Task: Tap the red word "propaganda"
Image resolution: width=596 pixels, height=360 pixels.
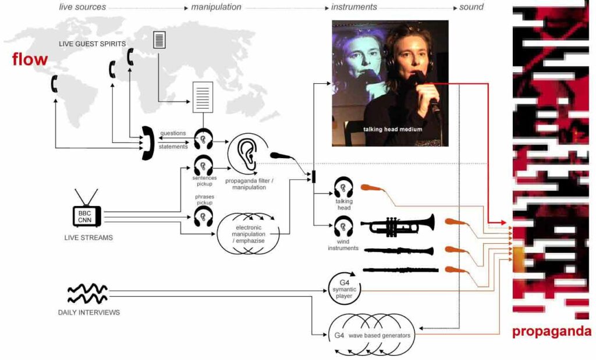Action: (551, 332)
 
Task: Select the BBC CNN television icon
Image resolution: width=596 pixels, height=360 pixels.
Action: (86, 216)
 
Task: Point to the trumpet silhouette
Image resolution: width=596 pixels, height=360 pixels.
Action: (398, 225)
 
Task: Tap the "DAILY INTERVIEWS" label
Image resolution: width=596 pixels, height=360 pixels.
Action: (88, 312)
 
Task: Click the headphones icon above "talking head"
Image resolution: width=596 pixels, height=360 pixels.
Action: (343, 188)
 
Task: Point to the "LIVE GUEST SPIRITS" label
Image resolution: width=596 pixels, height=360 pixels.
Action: (92, 44)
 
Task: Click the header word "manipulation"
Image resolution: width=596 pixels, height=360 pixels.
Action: (216, 8)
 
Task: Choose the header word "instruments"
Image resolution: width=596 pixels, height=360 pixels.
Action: (354, 8)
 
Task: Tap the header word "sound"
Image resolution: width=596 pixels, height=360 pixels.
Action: (471, 8)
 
